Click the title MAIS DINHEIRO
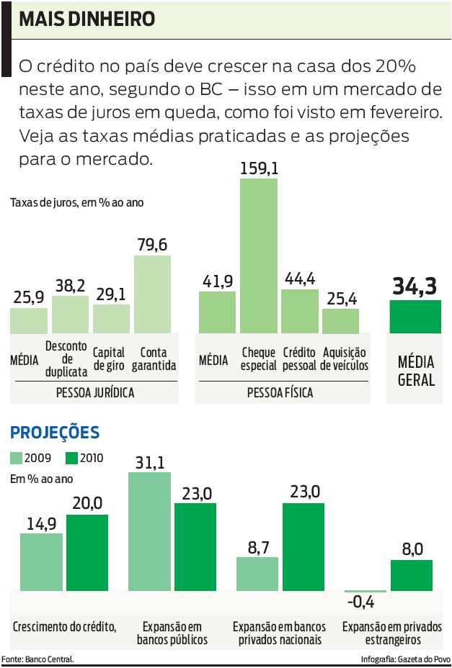pyautogui.click(x=87, y=19)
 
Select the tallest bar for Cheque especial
pyautogui.click(x=259, y=256)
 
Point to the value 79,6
pyautogui.click(x=152, y=245)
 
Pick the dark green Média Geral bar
pyautogui.click(x=415, y=317)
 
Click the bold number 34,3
pyautogui.click(x=415, y=286)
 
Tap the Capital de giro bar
pyautogui.click(x=111, y=319)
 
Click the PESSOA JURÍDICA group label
pyautogui.click(x=94, y=393)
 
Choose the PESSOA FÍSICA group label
pyautogui.click(x=280, y=393)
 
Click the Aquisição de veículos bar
pyautogui.click(x=340, y=321)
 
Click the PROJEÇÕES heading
pyautogui.click(x=55, y=433)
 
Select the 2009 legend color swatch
pyautogui.click(x=17, y=458)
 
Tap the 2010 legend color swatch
pyautogui.click(x=71, y=458)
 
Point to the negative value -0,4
pyautogui.click(x=365, y=602)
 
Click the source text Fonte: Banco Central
pyautogui.click(x=37, y=659)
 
